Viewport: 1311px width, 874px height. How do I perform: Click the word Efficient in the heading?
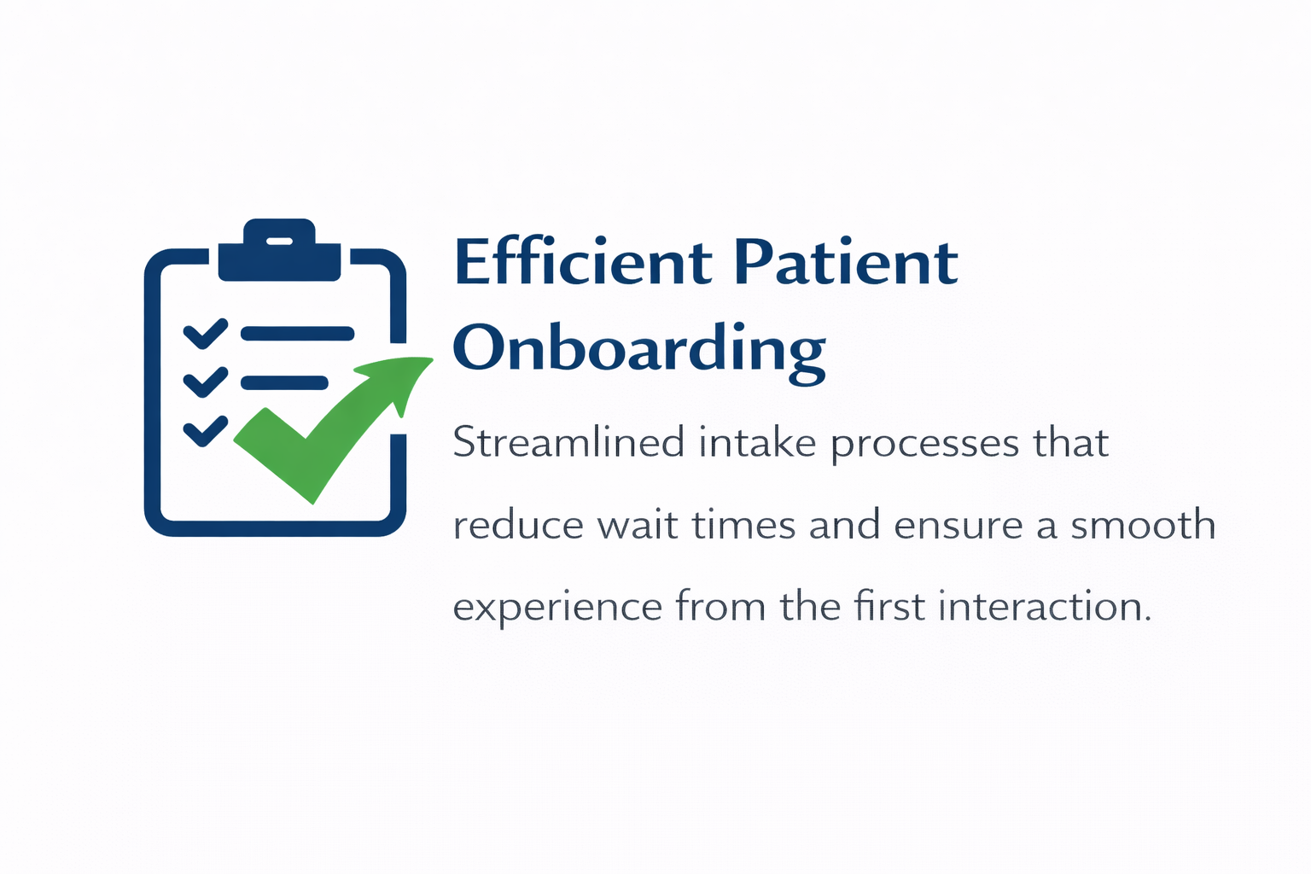coord(584,262)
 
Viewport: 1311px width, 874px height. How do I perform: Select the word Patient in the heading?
coord(847,262)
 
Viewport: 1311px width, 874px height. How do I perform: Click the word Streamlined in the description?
coord(568,442)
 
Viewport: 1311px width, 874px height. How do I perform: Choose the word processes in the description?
coord(925,446)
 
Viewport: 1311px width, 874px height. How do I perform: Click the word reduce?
coord(519,524)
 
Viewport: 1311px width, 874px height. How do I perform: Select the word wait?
coord(638,524)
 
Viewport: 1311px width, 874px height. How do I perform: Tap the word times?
coord(744,524)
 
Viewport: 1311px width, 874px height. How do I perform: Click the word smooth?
coord(1143,524)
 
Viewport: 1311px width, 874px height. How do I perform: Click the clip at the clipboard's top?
coord(280,249)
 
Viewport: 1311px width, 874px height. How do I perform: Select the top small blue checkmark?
coord(206,334)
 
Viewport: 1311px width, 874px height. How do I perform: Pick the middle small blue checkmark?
coord(206,382)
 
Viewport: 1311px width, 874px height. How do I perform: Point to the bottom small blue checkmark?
coord(206,431)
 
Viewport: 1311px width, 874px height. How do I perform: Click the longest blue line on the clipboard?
coord(297,334)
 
